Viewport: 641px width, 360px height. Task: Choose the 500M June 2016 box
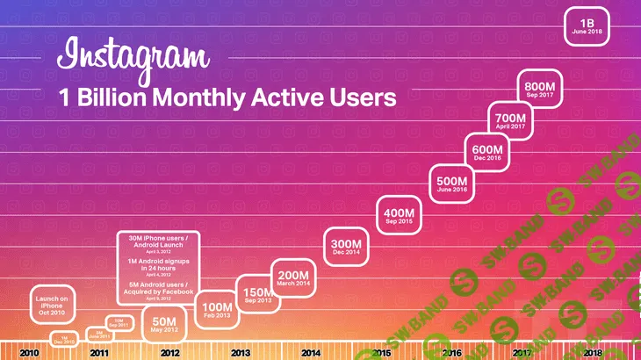tap(450, 184)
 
